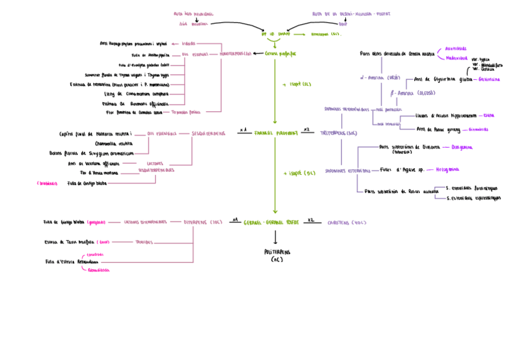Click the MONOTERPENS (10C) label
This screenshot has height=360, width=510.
(235, 53)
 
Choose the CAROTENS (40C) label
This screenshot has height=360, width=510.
(347, 222)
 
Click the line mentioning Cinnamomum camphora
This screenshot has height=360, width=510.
(137, 94)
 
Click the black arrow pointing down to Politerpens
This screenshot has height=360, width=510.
(275, 237)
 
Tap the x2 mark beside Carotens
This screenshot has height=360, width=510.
(310, 220)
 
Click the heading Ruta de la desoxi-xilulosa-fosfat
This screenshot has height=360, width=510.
(351, 13)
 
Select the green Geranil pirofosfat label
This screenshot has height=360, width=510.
(280, 53)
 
